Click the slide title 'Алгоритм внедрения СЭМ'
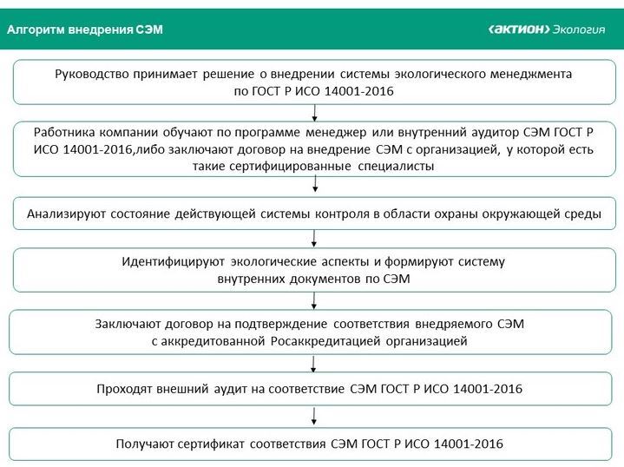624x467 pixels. tap(84, 30)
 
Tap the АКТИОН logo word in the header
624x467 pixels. tap(519, 30)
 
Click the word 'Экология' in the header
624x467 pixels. tap(579, 30)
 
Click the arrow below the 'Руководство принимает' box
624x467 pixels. tap(315, 111)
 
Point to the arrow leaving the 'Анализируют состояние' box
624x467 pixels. tap(315, 238)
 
